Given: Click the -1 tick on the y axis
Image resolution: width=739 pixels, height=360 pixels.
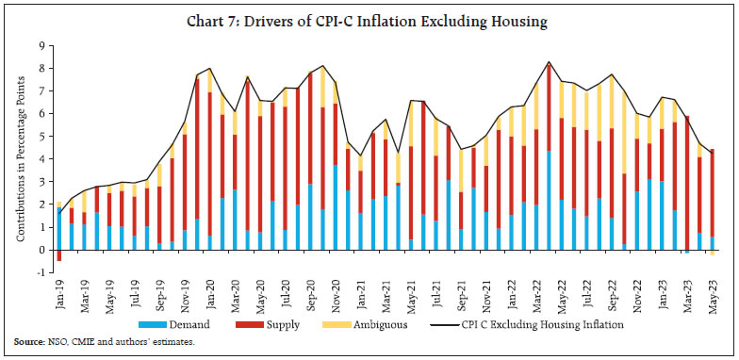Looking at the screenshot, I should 41,273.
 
